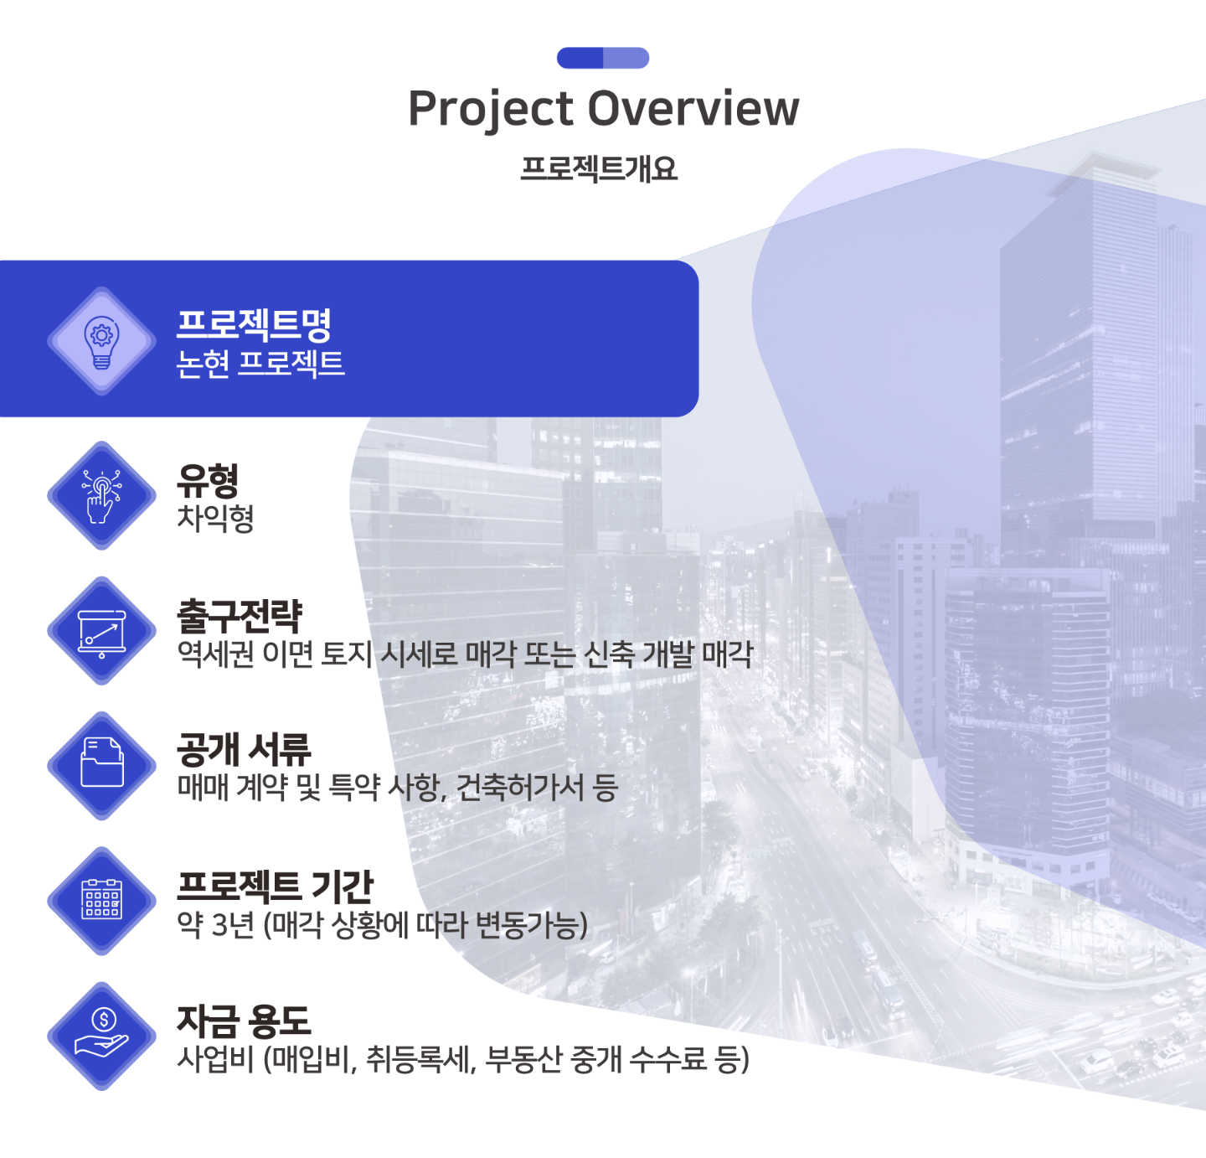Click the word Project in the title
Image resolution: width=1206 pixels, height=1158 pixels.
coord(491,110)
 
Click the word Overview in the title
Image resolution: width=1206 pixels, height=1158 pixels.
coord(693,108)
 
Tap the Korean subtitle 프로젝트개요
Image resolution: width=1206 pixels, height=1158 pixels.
coord(599,168)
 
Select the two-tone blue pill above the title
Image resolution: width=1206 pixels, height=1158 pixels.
coord(603,58)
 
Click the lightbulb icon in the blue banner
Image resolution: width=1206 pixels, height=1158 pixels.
coord(101,342)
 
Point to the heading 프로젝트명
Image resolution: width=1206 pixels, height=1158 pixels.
coord(254,324)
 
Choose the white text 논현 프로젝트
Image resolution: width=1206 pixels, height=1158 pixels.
coord(260,364)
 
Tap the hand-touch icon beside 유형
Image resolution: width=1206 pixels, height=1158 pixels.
coord(101,496)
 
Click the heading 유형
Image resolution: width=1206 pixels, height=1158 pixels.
coord(208,480)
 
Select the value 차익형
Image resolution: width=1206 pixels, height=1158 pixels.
coord(215,518)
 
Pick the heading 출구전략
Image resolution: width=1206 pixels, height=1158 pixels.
coord(240,616)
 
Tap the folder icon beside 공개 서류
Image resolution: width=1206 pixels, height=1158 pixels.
coord(101,763)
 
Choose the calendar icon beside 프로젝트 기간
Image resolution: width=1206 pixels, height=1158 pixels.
coord(101,899)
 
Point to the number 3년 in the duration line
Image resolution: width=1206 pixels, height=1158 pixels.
coord(232,924)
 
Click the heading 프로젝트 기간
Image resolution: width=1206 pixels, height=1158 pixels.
coord(276,887)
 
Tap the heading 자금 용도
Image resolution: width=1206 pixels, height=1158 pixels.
coord(244,1021)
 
